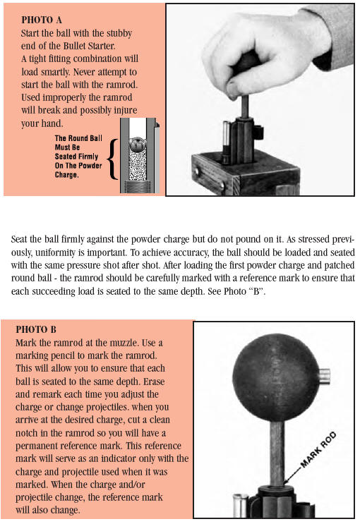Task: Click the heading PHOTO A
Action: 42,20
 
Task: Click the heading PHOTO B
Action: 36,329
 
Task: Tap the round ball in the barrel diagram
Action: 138,145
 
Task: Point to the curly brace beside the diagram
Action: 113,159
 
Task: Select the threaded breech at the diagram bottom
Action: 138,186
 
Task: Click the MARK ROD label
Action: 318,449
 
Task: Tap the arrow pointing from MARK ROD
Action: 293,475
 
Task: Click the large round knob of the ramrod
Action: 276,377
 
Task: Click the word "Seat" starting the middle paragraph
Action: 19,239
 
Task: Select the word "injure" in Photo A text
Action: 126,111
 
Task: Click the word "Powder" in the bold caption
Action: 90,166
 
